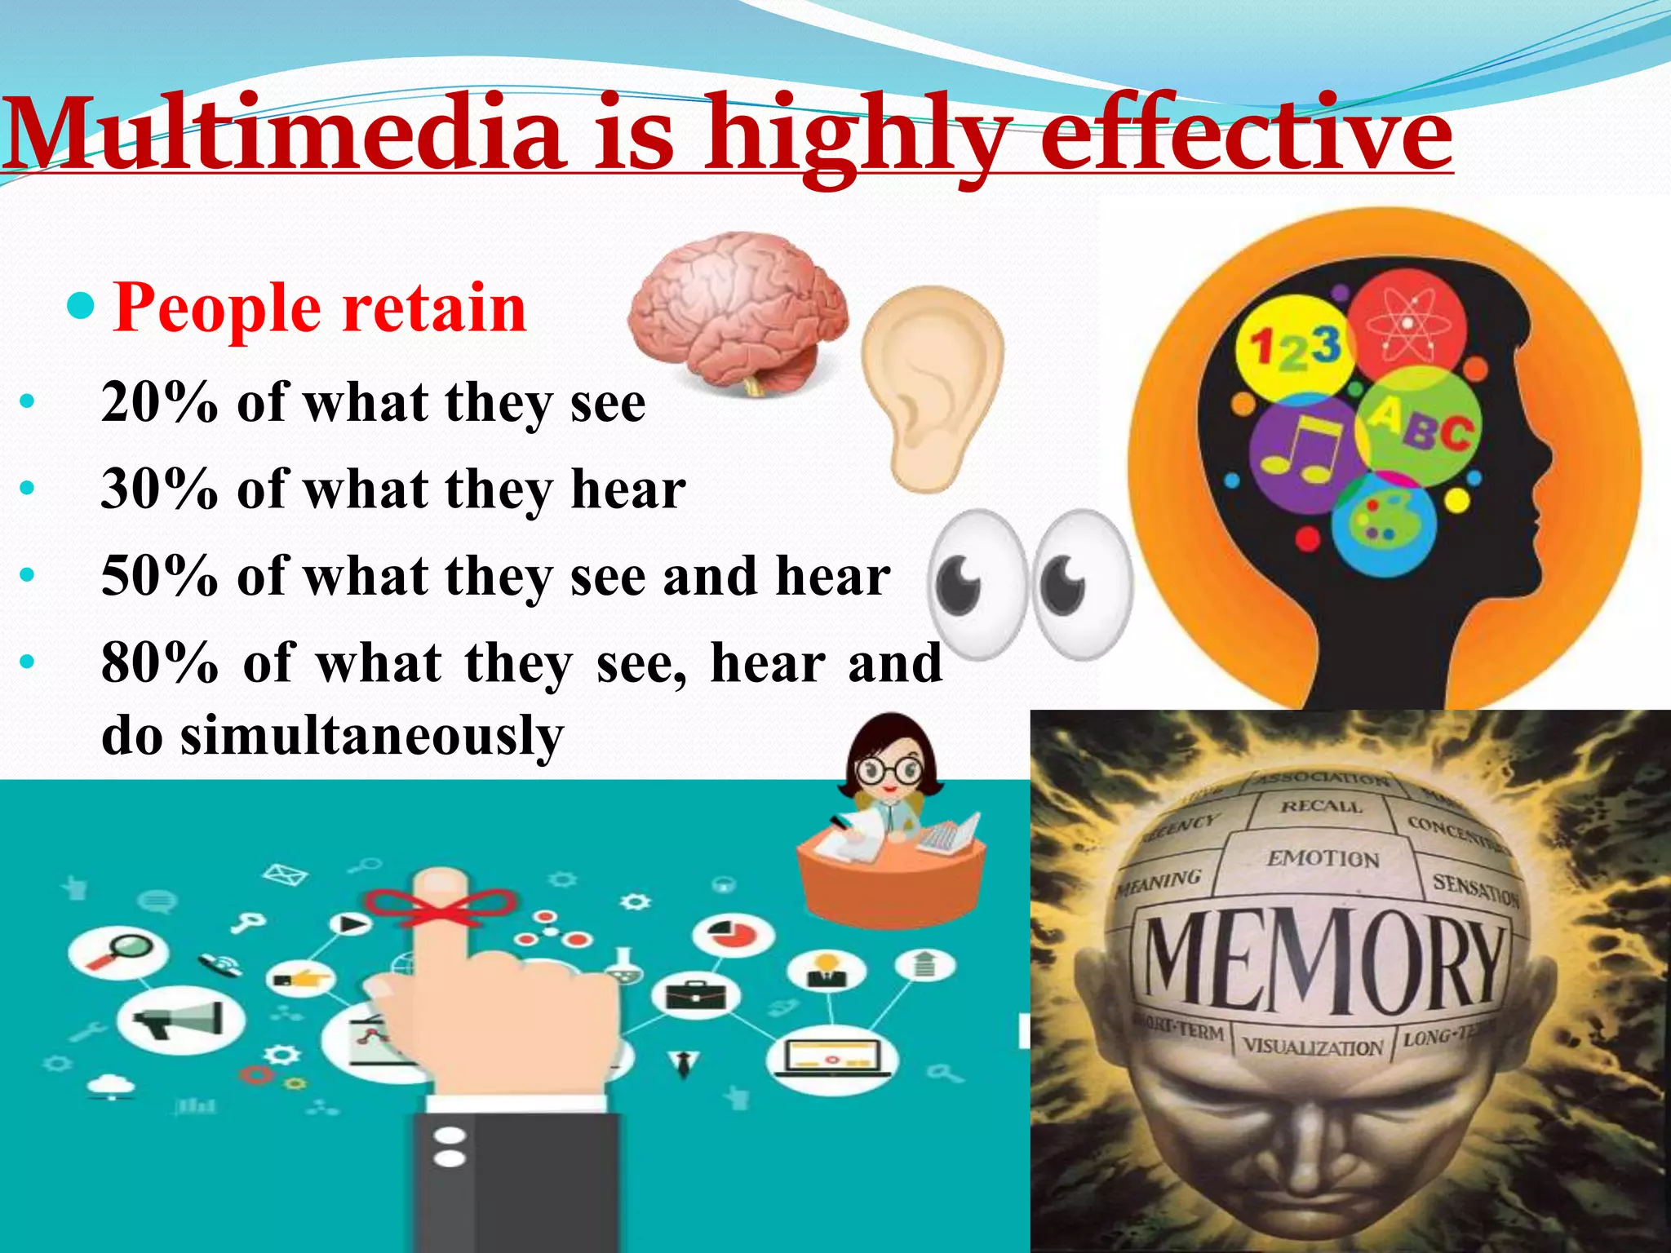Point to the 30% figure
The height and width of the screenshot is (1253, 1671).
[x=160, y=489]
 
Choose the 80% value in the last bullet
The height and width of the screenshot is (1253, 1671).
[x=160, y=662]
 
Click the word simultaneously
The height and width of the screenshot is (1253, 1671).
[x=371, y=735]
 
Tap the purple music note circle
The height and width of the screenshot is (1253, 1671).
[x=1301, y=453]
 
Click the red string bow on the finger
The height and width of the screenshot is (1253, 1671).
[x=440, y=906]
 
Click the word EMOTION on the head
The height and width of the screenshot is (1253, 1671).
[x=1323, y=858]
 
